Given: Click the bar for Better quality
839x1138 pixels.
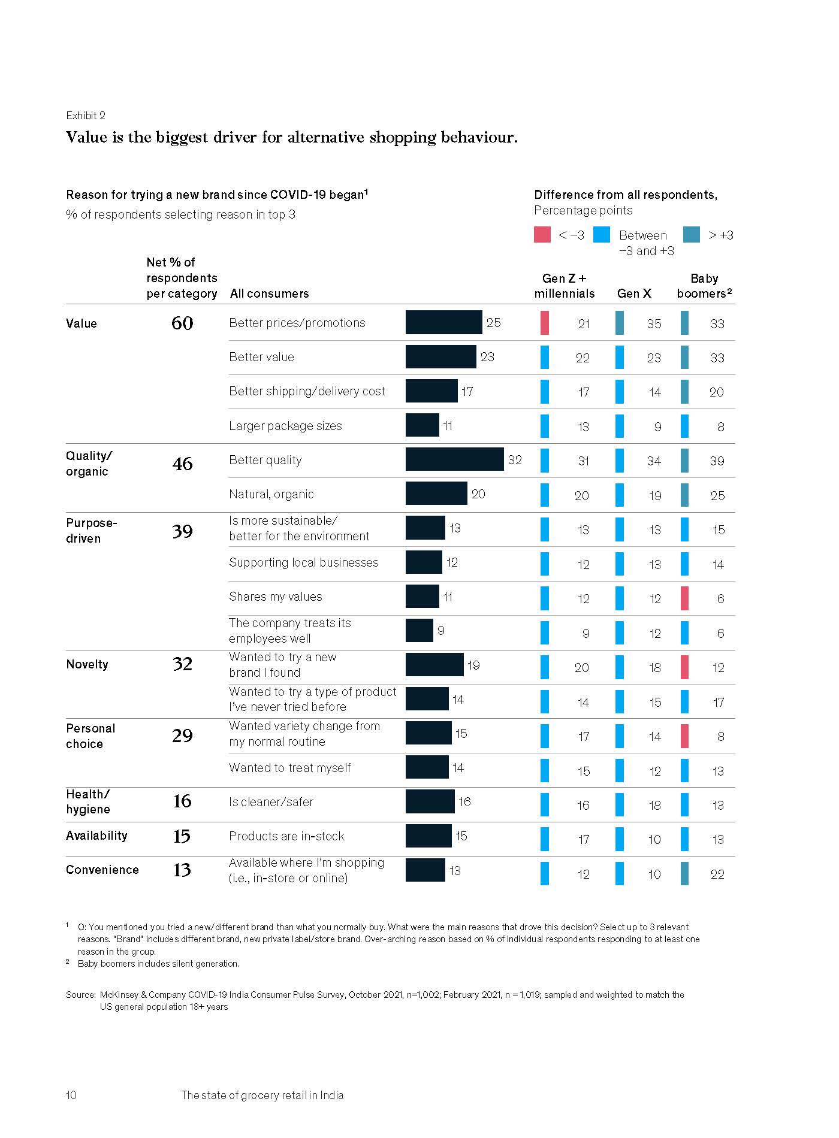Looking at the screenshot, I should pos(454,459).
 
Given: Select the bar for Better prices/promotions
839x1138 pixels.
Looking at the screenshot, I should pos(443,322).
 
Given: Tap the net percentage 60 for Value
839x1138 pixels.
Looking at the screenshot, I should pos(182,323).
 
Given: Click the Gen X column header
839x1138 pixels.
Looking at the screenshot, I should pos(634,293).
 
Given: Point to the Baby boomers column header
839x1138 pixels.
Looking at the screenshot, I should pos(704,286).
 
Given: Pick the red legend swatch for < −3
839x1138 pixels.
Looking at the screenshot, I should pos(542,235).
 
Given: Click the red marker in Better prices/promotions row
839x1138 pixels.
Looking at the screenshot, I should pos(544,323).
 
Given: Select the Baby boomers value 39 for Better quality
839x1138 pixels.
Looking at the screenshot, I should pos(717,461).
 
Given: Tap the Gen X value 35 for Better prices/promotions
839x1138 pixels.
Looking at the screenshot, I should pos(654,323).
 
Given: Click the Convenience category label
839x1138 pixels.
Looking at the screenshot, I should pos(102,870).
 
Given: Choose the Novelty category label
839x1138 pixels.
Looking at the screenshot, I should pos(87,664).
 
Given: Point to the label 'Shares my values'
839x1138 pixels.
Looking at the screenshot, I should pos(275,597).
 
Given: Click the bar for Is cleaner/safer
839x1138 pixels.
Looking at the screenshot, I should pos(430,801).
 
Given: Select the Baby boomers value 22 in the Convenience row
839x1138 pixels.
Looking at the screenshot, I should pos(717,874).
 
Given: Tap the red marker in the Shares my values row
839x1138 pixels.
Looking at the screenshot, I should pos(684,598).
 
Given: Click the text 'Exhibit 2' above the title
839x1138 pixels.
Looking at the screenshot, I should pos(85,115).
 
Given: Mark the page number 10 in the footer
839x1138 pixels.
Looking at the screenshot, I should pos(71,1095).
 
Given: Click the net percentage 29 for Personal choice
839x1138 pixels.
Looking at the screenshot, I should pos(182,736).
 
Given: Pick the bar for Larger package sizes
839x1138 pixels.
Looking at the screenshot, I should pos(422,425).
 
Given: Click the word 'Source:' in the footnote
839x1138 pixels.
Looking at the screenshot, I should pos(80,994).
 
